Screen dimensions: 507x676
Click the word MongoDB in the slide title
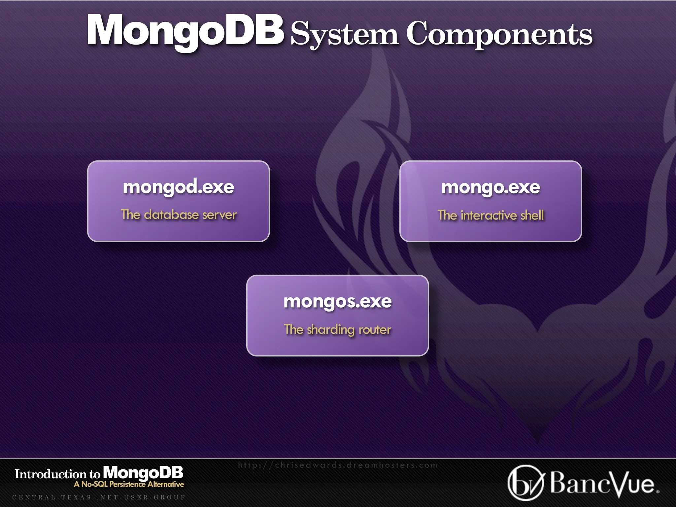coord(185,30)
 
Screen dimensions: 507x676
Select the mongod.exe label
coord(179,187)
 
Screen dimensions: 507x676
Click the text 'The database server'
coord(179,215)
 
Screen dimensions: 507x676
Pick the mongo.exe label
coord(490,187)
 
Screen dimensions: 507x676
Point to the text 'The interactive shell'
coord(490,215)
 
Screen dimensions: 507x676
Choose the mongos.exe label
coord(337,301)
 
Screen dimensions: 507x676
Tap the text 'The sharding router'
coord(337,329)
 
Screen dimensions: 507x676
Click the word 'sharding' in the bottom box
coord(330,330)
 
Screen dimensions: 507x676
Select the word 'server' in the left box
coord(220,215)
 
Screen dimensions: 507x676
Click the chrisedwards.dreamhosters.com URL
coord(337,465)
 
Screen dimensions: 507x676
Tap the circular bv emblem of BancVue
coord(525,483)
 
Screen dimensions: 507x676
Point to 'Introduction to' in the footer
coord(57,474)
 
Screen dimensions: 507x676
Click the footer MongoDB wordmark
coord(143,473)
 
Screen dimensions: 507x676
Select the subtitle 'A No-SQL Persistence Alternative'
coord(129,484)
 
